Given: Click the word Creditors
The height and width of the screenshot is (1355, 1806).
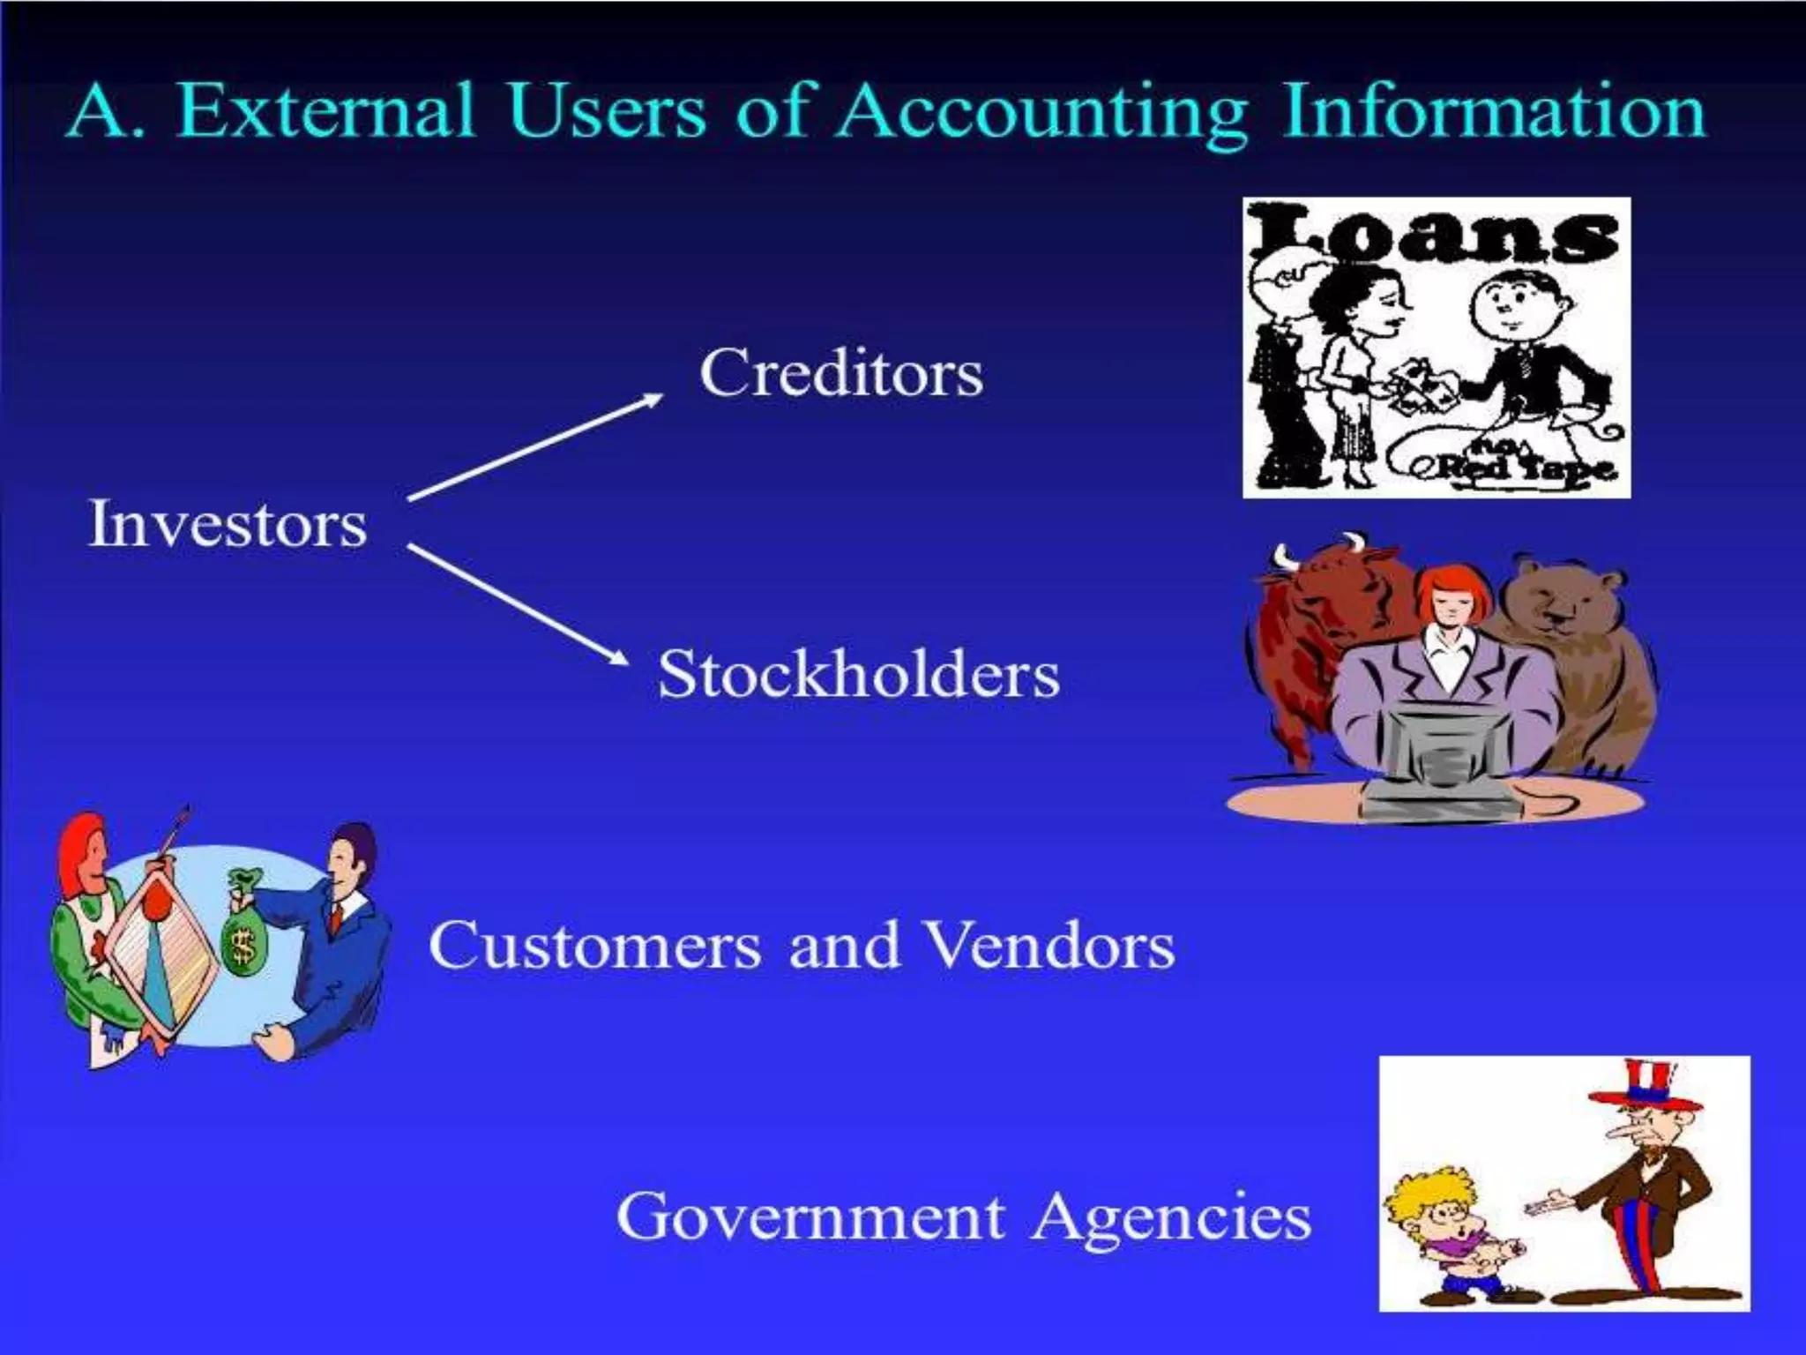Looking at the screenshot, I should coord(840,374).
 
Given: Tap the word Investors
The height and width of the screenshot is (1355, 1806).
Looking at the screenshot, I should coord(228,525).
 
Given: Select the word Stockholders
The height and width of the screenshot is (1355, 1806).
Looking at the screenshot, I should coord(858,675).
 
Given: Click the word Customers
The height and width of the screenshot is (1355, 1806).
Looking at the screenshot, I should coord(594,946).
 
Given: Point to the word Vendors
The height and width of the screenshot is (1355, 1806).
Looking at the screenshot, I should coord(1051,946).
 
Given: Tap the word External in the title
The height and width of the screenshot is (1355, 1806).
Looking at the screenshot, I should coord(326,113).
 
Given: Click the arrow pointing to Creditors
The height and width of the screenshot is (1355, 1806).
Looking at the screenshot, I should coord(534,446).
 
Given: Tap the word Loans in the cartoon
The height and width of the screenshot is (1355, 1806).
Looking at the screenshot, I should coord(1436,234).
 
